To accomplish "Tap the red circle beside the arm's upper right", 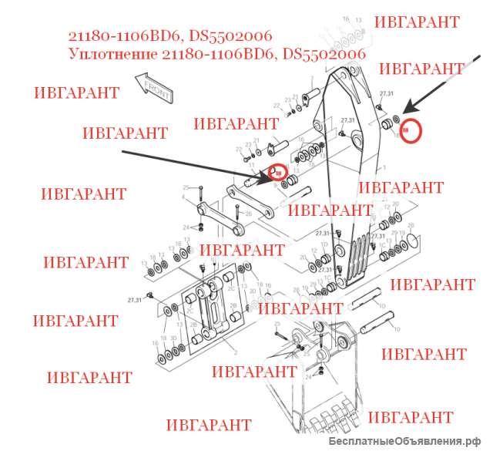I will (413, 131).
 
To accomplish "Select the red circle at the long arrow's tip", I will (277, 173).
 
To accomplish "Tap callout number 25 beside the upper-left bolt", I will (186, 187).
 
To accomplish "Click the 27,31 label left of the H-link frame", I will (135, 299).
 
